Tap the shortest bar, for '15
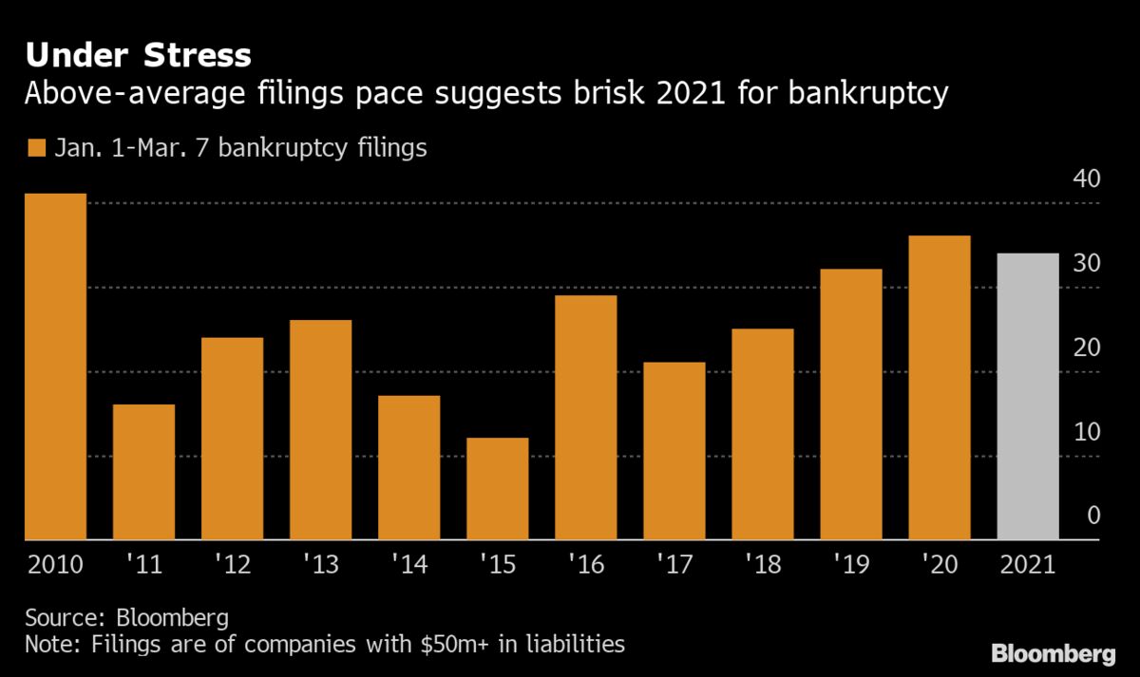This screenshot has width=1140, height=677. [498, 489]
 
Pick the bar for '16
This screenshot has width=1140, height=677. [586, 418]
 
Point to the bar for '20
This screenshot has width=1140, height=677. [940, 388]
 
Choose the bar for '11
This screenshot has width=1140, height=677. [144, 473]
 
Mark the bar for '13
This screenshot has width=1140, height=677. [321, 430]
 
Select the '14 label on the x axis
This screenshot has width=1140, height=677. [409, 565]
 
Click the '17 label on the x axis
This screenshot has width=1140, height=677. [674, 565]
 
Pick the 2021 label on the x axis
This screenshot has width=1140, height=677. [1028, 565]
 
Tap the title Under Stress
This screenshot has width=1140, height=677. [139, 56]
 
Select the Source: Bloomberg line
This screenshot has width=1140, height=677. [126, 618]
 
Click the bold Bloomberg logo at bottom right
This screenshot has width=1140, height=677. [1053, 653]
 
